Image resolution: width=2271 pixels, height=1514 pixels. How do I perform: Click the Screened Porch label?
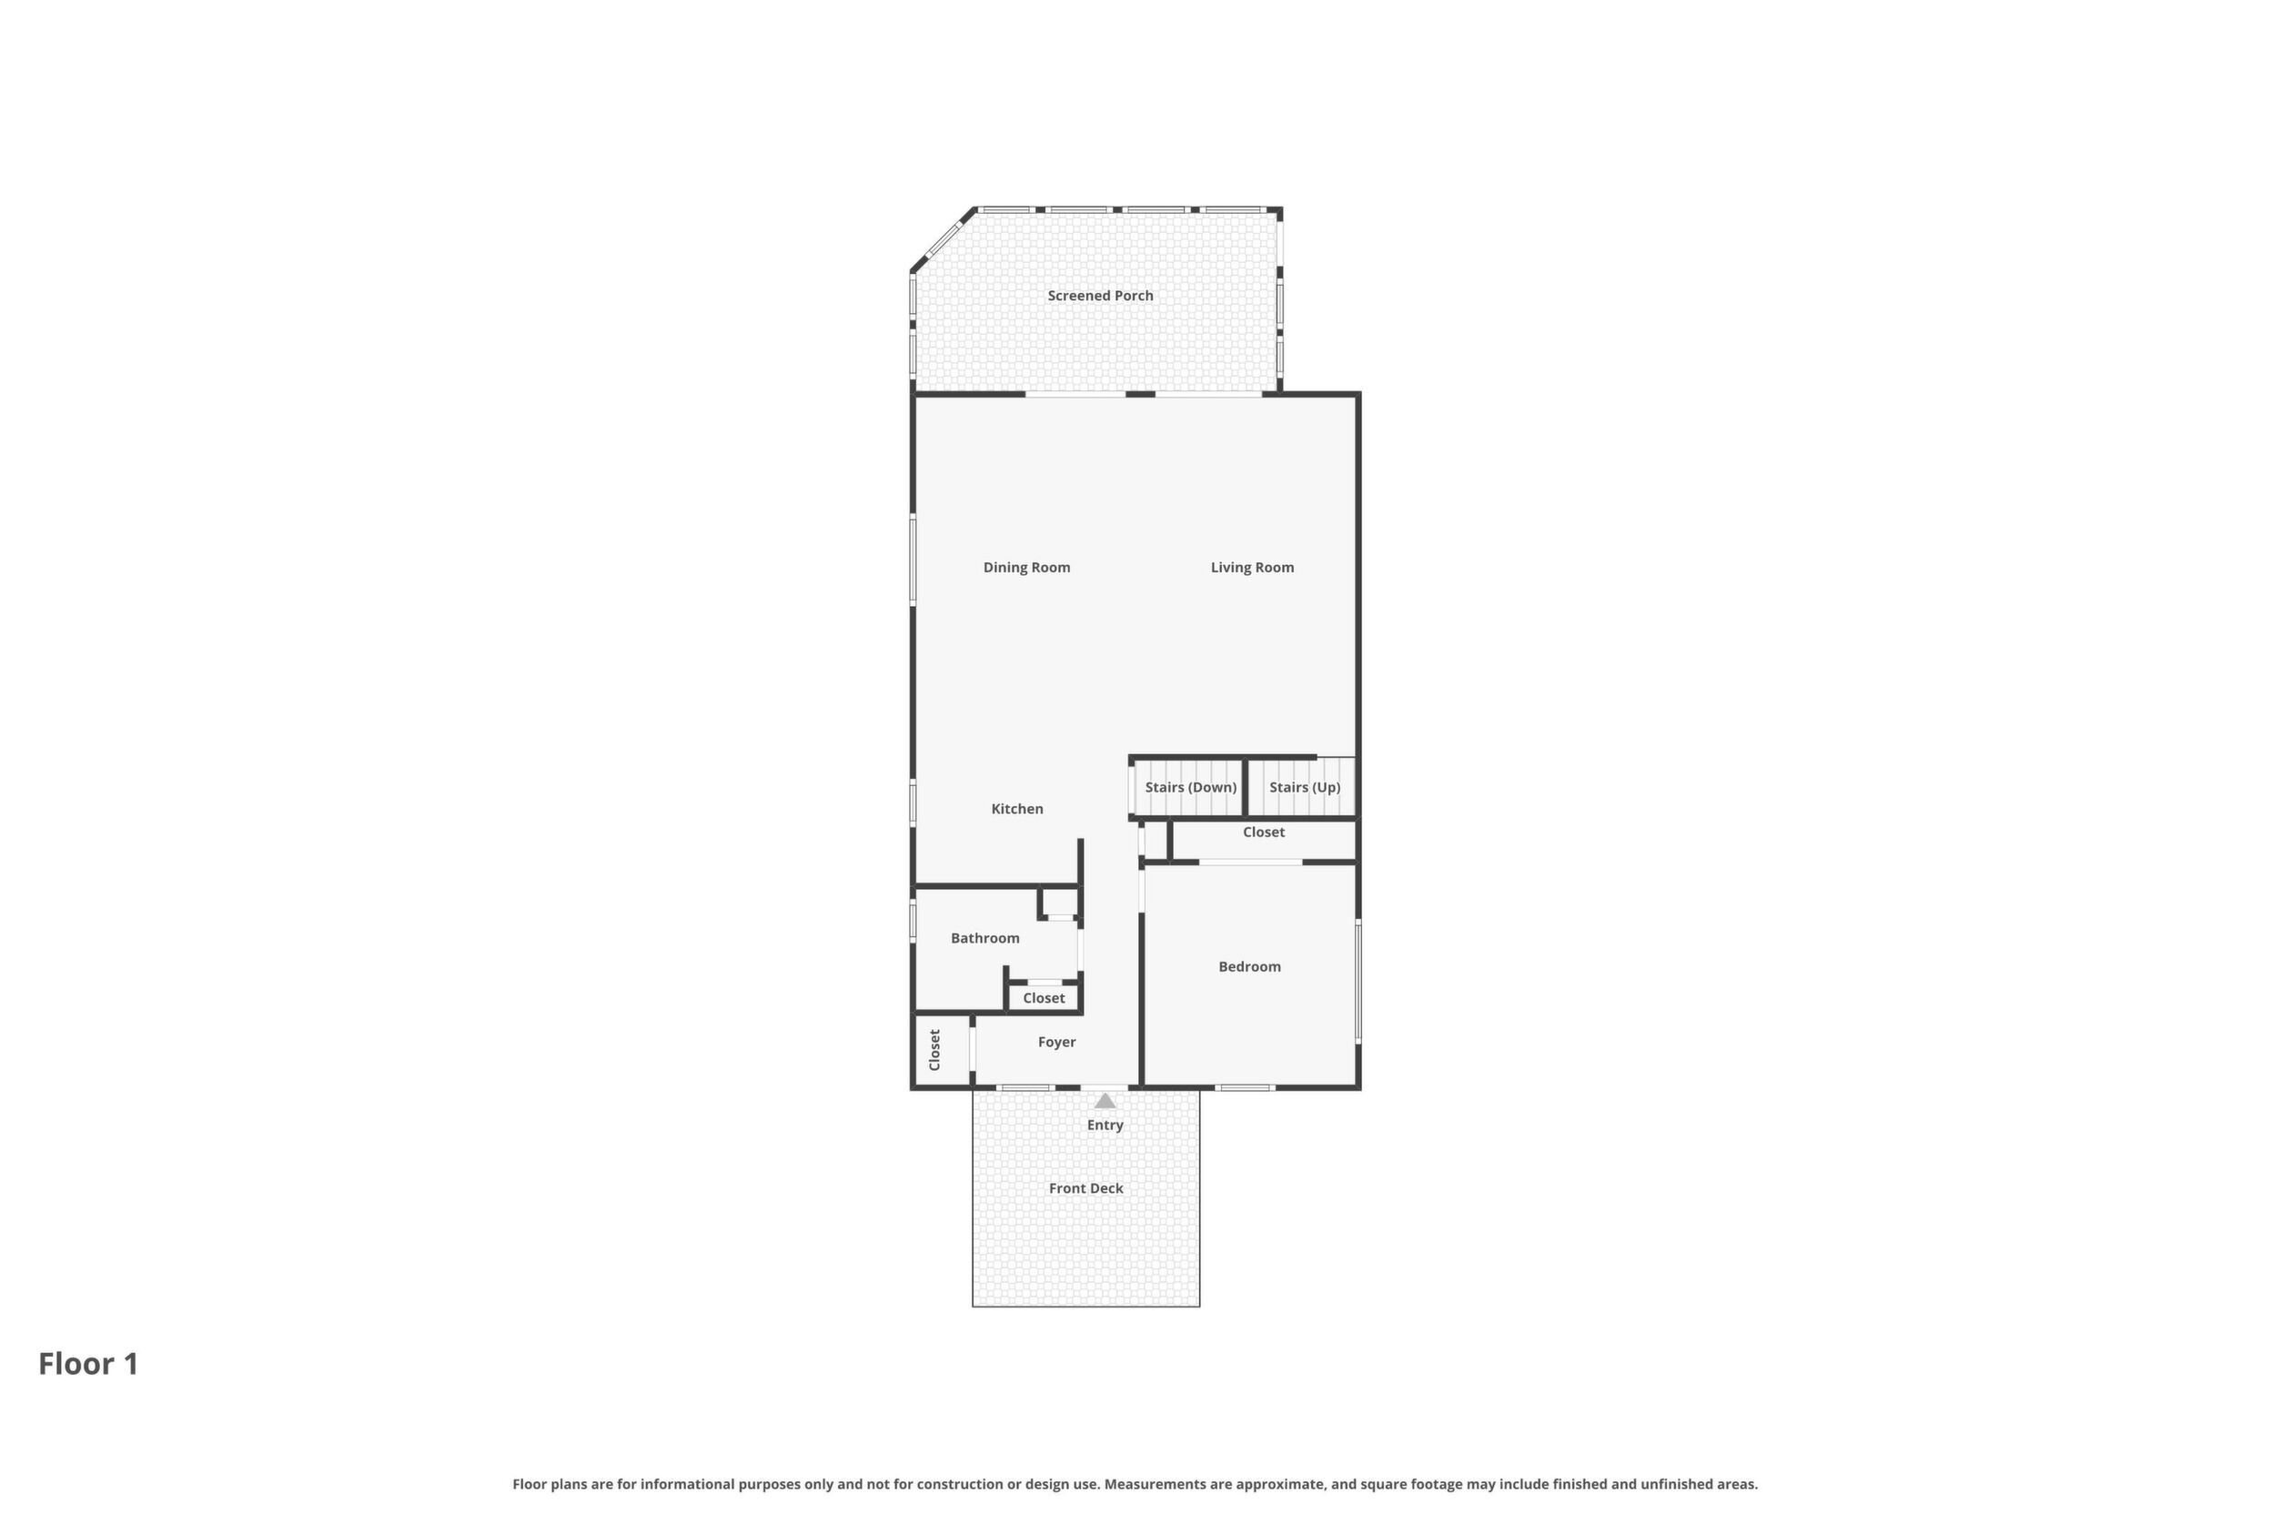(1100, 296)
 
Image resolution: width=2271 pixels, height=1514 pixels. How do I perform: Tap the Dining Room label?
(1026, 568)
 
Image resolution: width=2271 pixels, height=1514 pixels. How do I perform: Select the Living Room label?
(1252, 568)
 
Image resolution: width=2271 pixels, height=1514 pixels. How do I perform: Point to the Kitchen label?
(1016, 809)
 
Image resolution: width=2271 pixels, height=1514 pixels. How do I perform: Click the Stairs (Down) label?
(1190, 787)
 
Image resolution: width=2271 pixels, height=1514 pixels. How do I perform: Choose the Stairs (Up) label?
(1305, 787)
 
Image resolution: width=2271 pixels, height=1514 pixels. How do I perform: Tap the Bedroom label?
(1249, 966)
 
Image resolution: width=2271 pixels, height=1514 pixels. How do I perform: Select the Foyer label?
(1056, 1042)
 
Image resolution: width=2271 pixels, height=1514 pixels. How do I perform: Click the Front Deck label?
(1086, 1188)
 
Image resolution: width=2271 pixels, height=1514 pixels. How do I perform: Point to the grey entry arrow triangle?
(1105, 1101)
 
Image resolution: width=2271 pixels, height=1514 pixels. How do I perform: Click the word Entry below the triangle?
(1105, 1125)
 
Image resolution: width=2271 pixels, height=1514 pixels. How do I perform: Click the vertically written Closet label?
(934, 1050)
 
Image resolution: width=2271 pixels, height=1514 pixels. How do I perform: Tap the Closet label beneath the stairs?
(1263, 833)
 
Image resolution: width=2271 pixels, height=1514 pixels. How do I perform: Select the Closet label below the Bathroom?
(1044, 998)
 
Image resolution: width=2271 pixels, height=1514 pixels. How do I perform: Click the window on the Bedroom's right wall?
(1358, 981)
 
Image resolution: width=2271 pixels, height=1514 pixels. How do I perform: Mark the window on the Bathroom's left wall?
(913, 921)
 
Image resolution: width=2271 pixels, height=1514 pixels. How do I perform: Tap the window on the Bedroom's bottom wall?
(1245, 1088)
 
